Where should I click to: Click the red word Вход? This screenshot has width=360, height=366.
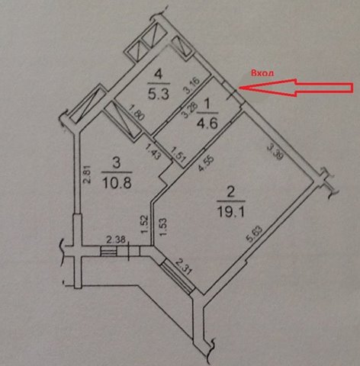263,73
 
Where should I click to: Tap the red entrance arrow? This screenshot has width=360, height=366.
296,88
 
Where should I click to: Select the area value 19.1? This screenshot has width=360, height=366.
231,211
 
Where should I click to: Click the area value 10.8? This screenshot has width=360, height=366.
117,182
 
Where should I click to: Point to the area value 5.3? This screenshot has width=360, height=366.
159,94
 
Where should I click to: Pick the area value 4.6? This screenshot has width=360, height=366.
207,124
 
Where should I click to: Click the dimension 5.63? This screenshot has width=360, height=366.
255,234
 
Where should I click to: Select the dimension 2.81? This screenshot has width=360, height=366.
87,174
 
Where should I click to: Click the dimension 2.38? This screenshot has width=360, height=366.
116,239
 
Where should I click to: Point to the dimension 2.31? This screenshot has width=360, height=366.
183,266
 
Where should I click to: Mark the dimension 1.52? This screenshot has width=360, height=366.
144,224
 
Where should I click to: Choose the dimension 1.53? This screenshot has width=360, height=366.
164,227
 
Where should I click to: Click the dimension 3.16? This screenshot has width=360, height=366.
192,86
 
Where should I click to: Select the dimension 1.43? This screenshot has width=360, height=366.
153,152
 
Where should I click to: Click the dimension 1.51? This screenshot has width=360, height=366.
178,155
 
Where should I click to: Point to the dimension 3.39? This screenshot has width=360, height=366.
275,152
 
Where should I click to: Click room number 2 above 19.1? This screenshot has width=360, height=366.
230,192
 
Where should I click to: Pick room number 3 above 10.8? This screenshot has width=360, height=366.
117,163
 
